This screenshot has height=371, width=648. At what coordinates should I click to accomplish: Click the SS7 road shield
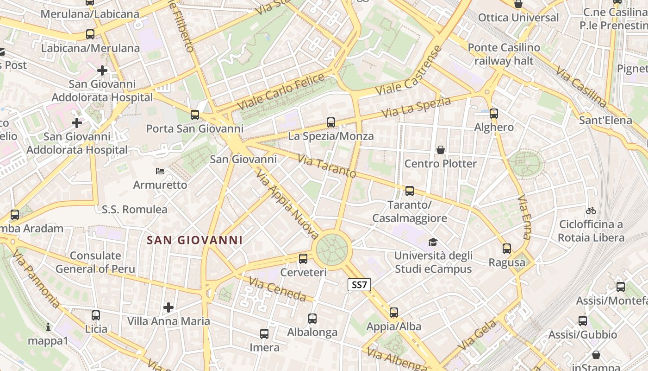point(359,285)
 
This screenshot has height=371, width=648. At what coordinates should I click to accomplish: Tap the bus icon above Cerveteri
point(303,259)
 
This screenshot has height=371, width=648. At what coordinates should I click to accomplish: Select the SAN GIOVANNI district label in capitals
point(194,240)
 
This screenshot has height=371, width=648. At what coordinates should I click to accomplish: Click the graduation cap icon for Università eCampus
point(433,242)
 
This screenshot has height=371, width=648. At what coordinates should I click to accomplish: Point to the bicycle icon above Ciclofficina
point(591,211)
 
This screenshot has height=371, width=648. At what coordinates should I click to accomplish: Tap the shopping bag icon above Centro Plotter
point(440,150)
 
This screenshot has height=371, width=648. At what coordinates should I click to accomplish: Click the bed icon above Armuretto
point(160,171)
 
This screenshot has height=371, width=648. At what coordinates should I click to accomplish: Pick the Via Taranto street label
point(327,166)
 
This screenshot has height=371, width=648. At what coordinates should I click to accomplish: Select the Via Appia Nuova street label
point(287,204)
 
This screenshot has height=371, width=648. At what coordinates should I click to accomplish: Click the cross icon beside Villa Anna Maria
point(168,307)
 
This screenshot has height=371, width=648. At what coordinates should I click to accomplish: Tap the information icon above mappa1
point(48,327)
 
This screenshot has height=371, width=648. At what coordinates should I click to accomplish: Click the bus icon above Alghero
point(494,114)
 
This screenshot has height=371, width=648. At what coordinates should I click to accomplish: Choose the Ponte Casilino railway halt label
point(504,54)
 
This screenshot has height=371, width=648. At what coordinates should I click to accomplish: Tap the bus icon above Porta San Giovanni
point(195,115)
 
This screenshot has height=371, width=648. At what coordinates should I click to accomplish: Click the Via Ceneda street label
point(277,289)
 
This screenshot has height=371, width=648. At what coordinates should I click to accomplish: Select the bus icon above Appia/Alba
point(394,313)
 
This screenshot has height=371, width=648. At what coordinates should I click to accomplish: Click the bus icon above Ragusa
point(507,249)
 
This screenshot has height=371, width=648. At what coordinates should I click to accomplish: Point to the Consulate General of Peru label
point(95,262)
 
